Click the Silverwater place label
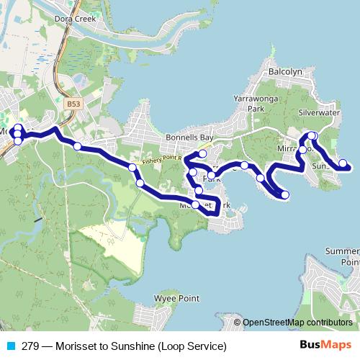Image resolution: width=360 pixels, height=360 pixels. tap(318, 113)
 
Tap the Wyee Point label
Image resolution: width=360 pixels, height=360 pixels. tap(174, 297)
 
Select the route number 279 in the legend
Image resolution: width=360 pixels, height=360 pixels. tap(29, 346)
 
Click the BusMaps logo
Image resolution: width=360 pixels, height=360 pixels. tap(323, 345)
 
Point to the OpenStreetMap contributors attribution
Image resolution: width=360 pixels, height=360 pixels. tap(298, 323)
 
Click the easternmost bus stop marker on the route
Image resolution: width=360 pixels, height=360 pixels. tap(343, 163)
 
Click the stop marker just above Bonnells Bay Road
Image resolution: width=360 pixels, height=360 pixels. tap(202, 153)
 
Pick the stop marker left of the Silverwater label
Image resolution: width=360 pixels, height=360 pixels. tap(312, 135)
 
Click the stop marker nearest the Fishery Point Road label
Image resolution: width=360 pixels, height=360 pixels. tap(133, 168)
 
